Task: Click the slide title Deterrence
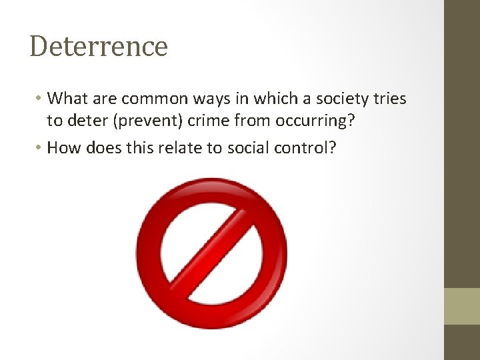(x=99, y=46)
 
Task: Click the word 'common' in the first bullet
(x=143, y=99)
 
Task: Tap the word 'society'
(x=340, y=99)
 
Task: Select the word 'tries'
(x=390, y=99)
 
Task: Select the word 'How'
(x=63, y=147)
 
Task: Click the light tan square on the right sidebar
(x=462, y=306)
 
